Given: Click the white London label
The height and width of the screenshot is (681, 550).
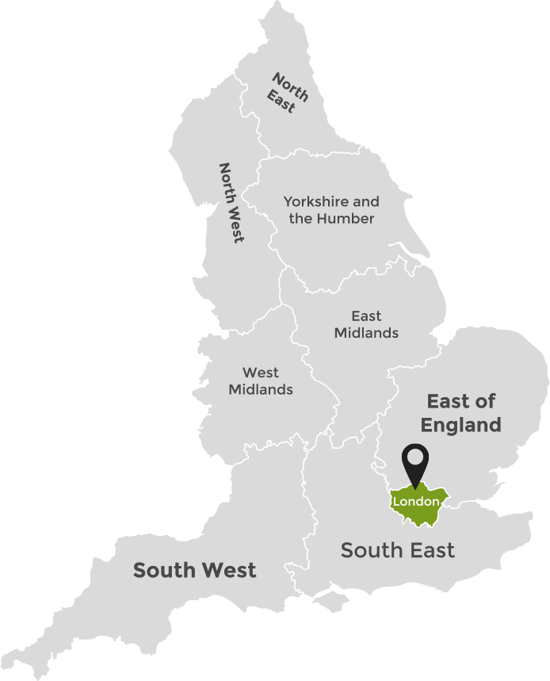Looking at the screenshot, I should pos(416,502).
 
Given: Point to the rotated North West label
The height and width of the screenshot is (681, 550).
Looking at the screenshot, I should pos(231,203).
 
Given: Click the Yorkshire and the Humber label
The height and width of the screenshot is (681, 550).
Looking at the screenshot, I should pos(331,210).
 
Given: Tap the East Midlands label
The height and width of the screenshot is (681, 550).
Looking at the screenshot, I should pos(365,324).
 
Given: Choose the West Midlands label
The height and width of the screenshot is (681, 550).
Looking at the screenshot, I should pos(261,381).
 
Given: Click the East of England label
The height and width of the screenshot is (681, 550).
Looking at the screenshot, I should pos(460,412).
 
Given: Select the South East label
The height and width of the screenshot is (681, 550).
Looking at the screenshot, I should pos(398,549).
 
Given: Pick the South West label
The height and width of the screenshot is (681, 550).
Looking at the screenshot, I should pos(195,569).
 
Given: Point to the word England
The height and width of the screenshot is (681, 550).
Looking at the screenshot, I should pos(460,425).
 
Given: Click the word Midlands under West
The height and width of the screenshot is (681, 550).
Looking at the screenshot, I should pos(261,389).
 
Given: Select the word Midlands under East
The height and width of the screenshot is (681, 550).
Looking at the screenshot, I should pos(365,333).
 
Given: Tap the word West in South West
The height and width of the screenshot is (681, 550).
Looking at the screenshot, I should pos(229,569).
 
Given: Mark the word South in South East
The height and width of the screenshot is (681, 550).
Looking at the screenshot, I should pos(369,549).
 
